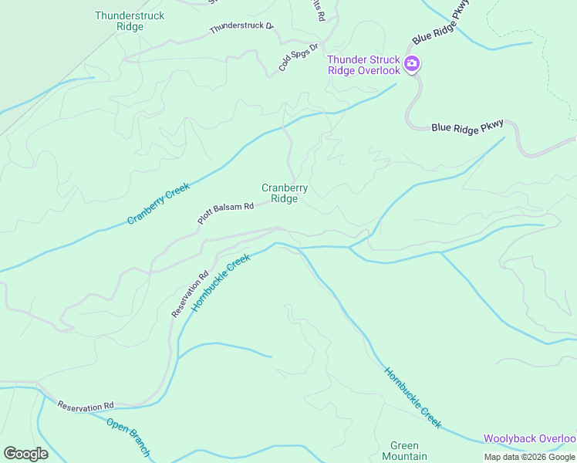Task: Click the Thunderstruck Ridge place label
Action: pos(119,21)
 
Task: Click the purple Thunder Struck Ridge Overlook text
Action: pos(363,65)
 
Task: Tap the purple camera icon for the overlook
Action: pos(413,63)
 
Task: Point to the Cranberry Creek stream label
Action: pos(159,203)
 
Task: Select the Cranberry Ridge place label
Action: pos(285,193)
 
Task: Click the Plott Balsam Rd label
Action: pos(225,213)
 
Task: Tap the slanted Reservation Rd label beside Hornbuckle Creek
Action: pos(190,294)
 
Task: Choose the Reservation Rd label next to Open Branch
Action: pos(86,405)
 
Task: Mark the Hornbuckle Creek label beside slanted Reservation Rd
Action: pos(221,282)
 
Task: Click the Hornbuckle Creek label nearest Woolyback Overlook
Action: pos(413,397)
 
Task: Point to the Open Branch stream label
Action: pos(127,437)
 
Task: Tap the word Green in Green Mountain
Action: pos(404,446)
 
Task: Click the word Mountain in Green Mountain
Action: pos(404,456)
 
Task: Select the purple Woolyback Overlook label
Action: pos(530,439)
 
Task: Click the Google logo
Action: pos(25,454)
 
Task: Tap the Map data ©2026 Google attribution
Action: pos(528,457)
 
